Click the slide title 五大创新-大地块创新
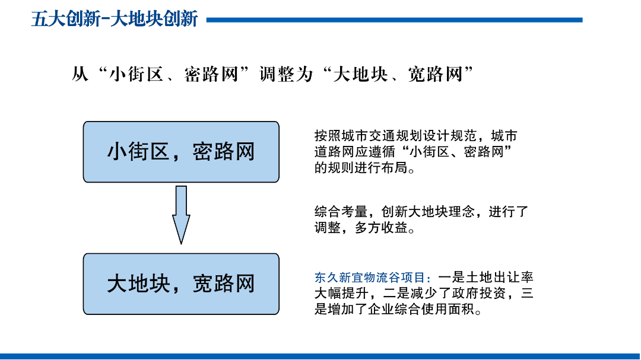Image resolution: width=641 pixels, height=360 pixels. coord(115,19)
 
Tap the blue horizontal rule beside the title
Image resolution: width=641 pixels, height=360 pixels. coord(395,20)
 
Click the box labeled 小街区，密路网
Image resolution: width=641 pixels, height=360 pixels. coord(181,152)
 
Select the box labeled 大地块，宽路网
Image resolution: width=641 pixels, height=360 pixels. coord(181,284)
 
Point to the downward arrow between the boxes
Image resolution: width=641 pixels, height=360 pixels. coord(181,215)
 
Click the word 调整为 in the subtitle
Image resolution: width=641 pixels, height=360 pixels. coord(286,74)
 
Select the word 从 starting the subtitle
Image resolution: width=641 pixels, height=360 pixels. coord(80,74)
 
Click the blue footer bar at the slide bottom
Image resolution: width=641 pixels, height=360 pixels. coord(320,356)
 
